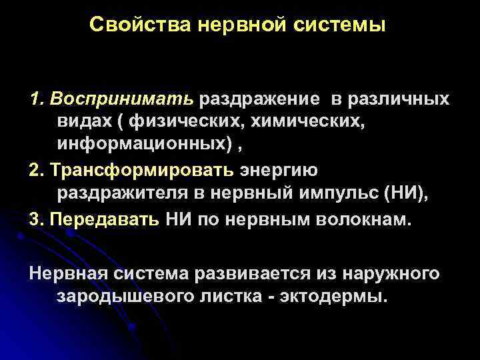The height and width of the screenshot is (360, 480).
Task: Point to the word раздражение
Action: tap(265, 99)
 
